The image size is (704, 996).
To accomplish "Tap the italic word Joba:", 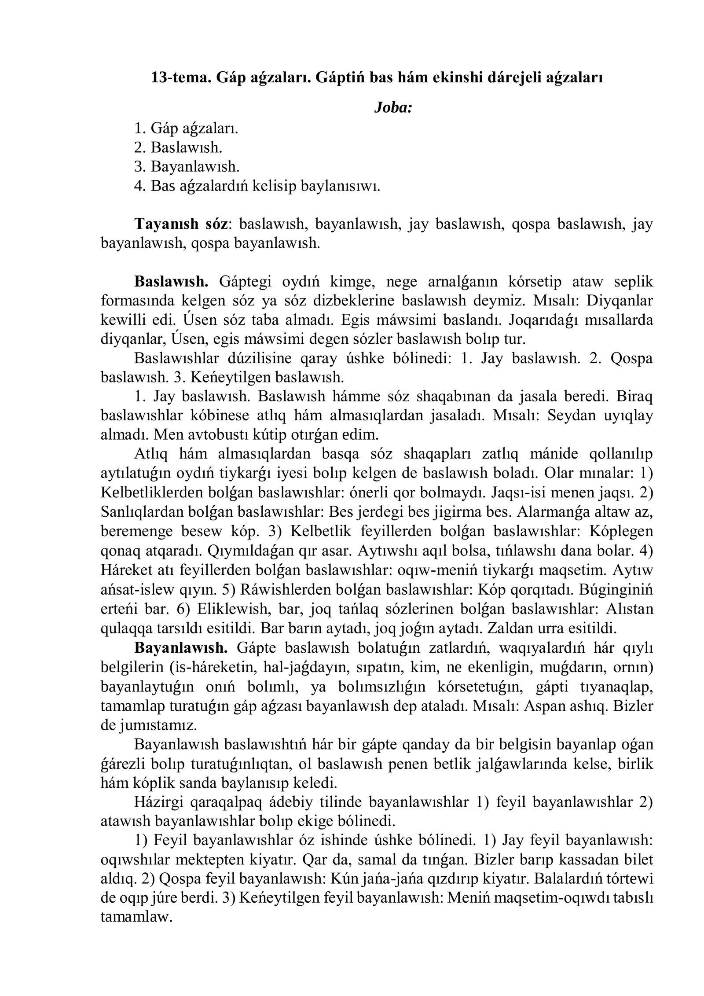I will point(392,107).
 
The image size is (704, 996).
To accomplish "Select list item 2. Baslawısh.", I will point(178,147).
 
